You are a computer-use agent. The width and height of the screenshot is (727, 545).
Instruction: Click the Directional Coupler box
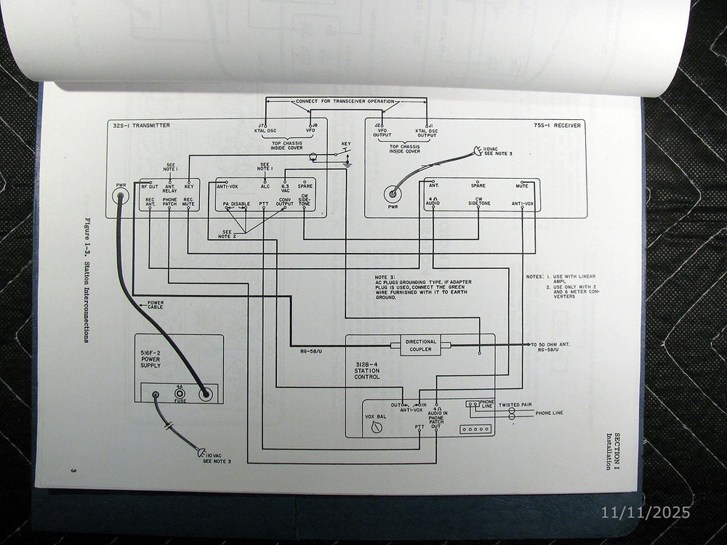420,346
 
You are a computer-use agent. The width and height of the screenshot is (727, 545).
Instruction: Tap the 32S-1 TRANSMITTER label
141,126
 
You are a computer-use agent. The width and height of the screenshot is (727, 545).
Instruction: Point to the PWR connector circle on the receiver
393,194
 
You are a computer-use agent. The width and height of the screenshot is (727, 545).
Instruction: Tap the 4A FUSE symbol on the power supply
179,395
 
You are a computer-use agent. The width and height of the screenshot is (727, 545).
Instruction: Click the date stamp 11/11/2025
646,512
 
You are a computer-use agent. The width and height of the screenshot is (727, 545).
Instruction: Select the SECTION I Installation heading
614,451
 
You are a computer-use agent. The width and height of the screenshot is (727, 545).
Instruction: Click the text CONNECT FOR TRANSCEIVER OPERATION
345,101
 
